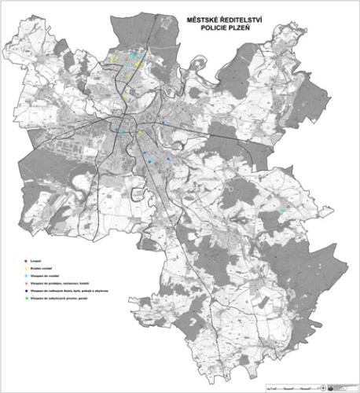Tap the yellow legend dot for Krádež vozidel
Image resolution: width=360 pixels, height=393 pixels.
click(x=26, y=267)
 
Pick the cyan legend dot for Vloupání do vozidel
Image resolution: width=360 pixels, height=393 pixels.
click(x=26, y=276)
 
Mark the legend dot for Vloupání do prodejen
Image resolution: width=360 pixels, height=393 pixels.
click(x=26, y=284)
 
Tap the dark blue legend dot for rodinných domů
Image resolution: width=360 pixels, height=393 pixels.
click(x=26, y=292)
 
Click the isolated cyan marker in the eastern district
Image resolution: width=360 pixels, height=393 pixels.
click(x=281, y=211)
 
